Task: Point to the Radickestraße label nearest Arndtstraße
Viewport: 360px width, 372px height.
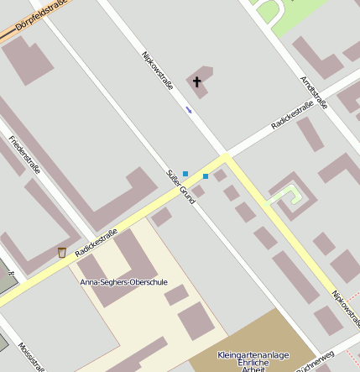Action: pos(298,114)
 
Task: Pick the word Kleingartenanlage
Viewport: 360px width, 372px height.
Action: pos(252,355)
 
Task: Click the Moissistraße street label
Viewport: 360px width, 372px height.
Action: pos(32,352)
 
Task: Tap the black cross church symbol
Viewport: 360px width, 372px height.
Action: pos(198,81)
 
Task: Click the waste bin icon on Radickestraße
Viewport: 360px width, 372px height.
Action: pos(61,252)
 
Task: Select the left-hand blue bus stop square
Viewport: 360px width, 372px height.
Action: pos(185,173)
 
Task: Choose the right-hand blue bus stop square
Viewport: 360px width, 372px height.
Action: pos(206,176)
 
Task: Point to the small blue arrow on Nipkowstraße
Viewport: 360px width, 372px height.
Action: pos(189,109)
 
